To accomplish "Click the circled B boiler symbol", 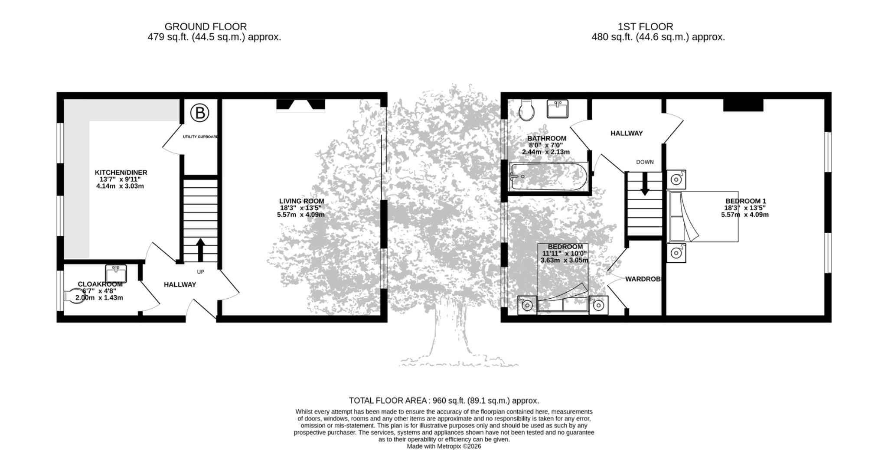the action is [x=199, y=113].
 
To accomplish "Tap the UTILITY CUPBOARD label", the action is [x=200, y=137].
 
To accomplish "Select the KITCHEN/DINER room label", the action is [x=121, y=173].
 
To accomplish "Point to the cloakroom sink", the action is [x=116, y=274].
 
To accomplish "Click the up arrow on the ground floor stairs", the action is [x=200, y=250].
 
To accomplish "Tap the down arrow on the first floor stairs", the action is [x=645, y=184].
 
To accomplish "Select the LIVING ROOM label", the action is [x=301, y=201].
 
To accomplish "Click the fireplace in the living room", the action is [x=301, y=105].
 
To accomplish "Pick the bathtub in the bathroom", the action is [x=549, y=176].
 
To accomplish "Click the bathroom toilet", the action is [x=527, y=110].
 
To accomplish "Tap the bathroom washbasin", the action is [x=558, y=109].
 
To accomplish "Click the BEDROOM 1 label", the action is [x=746, y=201].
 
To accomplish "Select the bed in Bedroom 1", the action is [x=702, y=216].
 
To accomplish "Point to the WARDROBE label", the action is [x=643, y=279].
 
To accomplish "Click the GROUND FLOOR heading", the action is [x=206, y=27].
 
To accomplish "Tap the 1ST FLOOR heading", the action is [x=645, y=27].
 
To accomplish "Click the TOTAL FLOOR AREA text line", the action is [x=444, y=401].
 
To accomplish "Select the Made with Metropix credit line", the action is [x=444, y=446].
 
